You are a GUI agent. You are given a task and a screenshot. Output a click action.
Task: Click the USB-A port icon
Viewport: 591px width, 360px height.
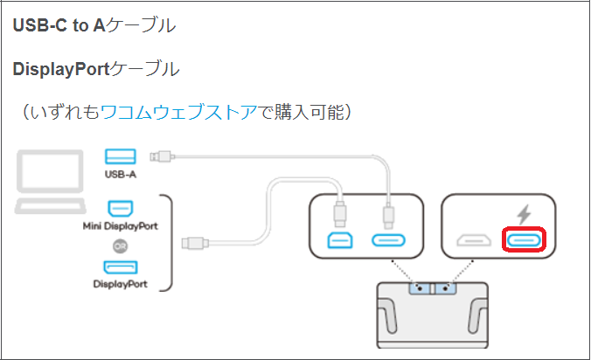121,156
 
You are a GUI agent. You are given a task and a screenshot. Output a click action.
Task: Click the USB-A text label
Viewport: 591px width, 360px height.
121,175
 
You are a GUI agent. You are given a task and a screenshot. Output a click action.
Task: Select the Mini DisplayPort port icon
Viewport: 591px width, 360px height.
121,209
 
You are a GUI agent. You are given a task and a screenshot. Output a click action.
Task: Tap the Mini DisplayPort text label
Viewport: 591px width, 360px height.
121,226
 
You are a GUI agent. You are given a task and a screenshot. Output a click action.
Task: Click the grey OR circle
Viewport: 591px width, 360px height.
121,246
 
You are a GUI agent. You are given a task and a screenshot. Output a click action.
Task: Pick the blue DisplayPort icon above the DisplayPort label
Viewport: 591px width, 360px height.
121,267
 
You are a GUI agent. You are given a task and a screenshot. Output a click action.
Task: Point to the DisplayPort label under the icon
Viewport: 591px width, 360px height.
121,284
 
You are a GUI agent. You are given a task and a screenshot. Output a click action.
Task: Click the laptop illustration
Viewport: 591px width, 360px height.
50,182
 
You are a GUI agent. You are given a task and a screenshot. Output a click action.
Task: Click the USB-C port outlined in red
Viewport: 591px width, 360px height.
524,240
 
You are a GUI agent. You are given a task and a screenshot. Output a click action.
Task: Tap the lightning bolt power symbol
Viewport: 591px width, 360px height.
524,214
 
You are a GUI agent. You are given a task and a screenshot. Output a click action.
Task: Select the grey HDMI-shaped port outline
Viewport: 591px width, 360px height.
474,240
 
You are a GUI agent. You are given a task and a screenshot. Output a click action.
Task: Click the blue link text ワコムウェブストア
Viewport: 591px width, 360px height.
179,112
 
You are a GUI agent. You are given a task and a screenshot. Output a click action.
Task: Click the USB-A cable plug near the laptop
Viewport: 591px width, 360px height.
163,156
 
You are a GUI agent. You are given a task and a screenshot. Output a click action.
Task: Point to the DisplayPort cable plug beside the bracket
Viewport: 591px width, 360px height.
195,243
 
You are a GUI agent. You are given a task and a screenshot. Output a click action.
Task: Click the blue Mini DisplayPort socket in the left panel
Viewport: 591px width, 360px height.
340,240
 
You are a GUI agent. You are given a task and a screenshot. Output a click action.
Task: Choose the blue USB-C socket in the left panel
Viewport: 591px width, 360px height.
388,240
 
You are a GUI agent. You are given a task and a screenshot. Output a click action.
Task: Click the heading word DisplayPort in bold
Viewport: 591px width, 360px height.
61,69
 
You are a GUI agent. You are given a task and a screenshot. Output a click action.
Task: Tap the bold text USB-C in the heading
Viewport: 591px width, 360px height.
40,25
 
